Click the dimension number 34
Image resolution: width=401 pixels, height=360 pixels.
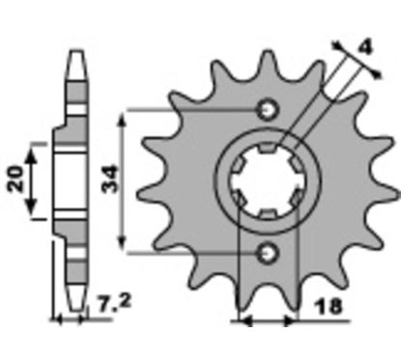(109, 179)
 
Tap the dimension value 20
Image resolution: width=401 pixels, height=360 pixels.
(16, 180)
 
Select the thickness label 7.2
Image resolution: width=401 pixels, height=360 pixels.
(114, 304)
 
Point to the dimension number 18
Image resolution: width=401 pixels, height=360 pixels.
(329, 307)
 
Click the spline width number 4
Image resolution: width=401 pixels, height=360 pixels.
(365, 47)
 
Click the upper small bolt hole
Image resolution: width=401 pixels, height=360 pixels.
(267, 110)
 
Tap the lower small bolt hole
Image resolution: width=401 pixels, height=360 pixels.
(267, 253)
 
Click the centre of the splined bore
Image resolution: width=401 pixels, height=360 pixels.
(267, 181)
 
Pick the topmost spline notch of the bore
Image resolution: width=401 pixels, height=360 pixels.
(268, 148)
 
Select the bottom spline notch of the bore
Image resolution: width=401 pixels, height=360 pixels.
(268, 215)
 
